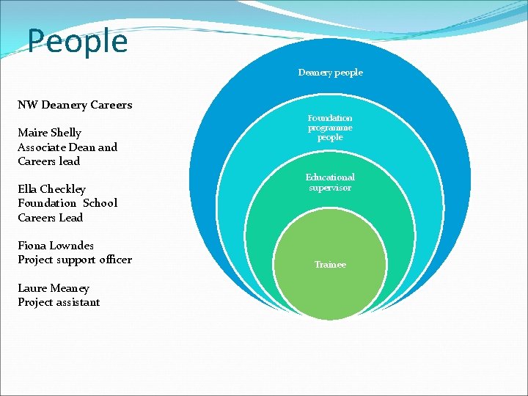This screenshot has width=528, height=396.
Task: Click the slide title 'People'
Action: click(x=78, y=42)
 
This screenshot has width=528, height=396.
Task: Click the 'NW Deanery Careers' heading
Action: click(x=75, y=105)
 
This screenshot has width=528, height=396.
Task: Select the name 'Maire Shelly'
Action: click(x=49, y=133)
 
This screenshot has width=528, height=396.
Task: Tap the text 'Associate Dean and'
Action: click(x=67, y=147)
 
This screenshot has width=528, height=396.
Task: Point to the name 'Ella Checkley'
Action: click(x=51, y=189)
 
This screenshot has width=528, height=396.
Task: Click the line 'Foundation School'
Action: click(x=67, y=203)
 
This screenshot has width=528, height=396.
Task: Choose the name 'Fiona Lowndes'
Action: click(x=56, y=246)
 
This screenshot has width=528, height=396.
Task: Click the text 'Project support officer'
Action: click(x=75, y=260)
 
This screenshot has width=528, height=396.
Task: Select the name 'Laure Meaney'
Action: click(x=54, y=288)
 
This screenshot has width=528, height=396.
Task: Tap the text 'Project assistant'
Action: click(x=59, y=302)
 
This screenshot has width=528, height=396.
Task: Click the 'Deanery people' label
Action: click(x=330, y=73)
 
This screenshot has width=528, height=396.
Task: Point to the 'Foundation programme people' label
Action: click(x=330, y=128)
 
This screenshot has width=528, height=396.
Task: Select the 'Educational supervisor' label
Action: click(x=330, y=183)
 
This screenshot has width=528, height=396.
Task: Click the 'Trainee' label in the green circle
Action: click(x=330, y=265)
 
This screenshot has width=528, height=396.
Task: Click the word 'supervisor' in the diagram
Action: click(x=330, y=188)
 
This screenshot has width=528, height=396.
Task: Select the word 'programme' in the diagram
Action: click(x=330, y=128)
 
